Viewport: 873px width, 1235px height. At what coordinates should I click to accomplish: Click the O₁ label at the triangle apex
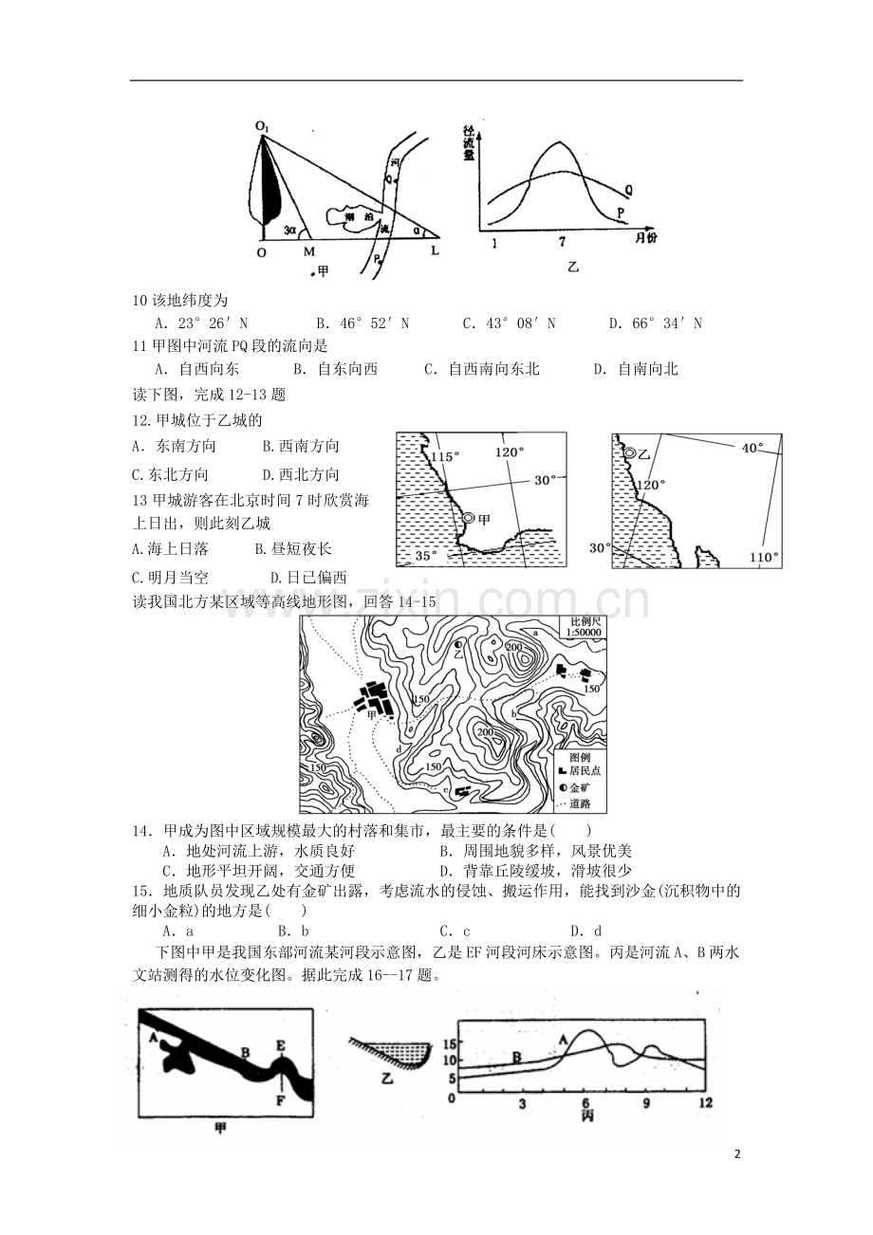coord(261,125)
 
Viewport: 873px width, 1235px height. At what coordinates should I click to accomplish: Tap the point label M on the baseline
coord(308,252)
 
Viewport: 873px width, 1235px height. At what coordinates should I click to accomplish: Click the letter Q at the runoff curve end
coord(628,190)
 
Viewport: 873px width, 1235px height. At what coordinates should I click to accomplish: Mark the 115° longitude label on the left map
coord(444,457)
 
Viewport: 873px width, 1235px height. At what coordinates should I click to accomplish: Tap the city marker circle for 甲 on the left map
coord(468,519)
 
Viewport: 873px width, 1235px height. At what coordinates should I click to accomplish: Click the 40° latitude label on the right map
coord(752,447)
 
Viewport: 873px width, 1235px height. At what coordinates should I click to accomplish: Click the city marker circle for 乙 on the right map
coord(629,454)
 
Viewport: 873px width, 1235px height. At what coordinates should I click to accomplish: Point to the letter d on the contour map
coord(399,749)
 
